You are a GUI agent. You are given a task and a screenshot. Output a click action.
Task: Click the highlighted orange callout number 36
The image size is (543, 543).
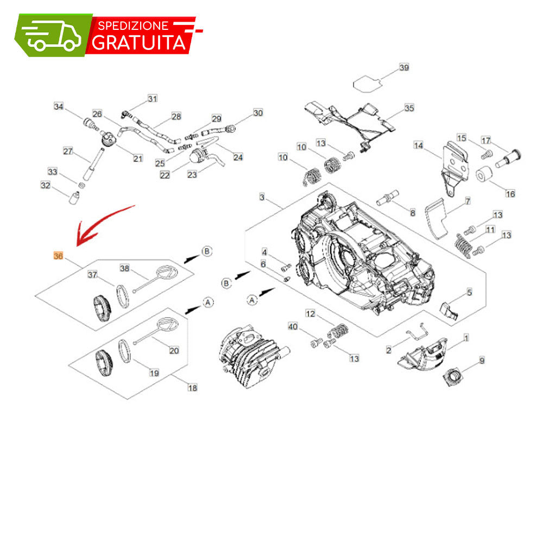pos(58,256)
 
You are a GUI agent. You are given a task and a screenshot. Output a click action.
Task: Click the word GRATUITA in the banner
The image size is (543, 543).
pos(139,42)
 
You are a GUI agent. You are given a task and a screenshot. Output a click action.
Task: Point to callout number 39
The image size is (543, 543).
pos(404,67)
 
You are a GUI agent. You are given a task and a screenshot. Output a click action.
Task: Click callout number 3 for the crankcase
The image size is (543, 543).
pos(262,197)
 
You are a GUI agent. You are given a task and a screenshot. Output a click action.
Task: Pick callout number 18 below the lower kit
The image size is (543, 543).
pos(193,388)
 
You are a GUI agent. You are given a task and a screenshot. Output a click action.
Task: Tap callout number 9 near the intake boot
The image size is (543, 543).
pos(482,361)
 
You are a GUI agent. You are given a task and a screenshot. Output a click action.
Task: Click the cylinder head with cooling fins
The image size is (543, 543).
pos(253,357)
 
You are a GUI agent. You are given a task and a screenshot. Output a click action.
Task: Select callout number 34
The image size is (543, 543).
pos(59,106)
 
